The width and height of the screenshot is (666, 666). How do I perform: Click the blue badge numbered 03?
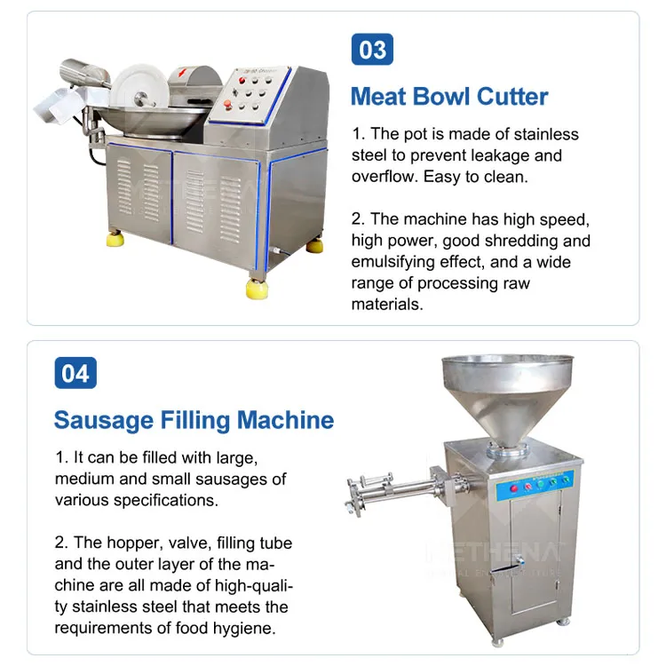[x=372, y=49]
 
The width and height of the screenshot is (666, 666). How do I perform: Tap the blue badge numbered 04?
[x=75, y=373]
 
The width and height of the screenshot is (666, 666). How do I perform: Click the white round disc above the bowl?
[x=139, y=86]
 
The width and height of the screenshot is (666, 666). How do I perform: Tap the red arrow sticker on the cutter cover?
[x=183, y=72]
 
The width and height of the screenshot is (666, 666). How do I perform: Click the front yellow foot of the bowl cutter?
[x=257, y=288]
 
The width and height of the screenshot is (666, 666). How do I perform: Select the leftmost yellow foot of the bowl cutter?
[x=115, y=238]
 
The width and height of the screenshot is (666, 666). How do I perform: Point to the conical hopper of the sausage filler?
[x=508, y=400]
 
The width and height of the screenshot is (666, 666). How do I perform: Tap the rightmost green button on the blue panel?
[x=566, y=480]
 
